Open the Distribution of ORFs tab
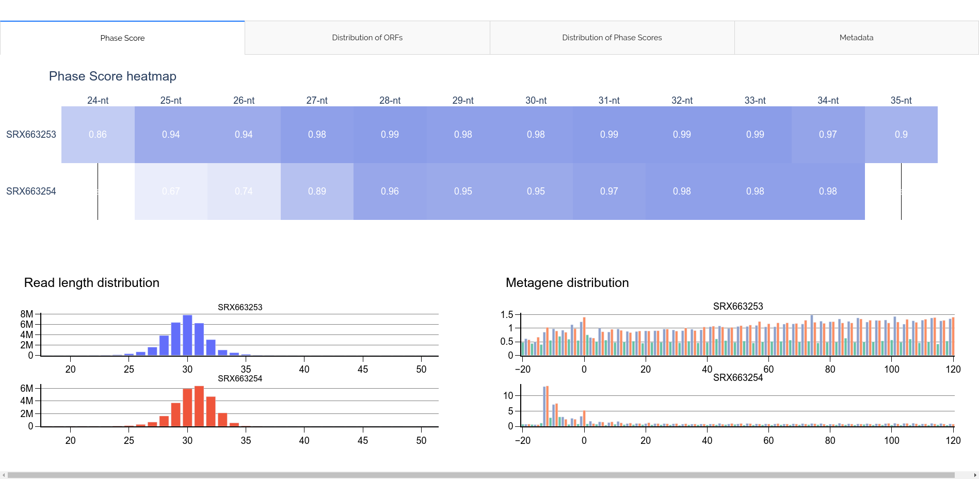(367, 38)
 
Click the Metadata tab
(856, 38)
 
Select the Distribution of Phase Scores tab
(612, 38)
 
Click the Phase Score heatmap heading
(113, 76)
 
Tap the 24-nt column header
(98, 101)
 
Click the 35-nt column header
(901, 101)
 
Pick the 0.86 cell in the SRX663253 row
(98, 135)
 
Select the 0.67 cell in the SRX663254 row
(171, 191)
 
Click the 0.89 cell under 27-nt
(317, 191)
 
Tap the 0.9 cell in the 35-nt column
(901, 135)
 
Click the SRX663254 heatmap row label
(31, 191)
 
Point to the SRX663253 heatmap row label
(31, 135)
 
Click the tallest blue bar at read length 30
(187, 336)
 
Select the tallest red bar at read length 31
(199, 406)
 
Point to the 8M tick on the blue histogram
(27, 314)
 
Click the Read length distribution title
(92, 283)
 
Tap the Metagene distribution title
(567, 283)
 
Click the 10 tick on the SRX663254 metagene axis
(508, 396)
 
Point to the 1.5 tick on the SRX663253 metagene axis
(506, 315)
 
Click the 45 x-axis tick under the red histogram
(363, 441)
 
